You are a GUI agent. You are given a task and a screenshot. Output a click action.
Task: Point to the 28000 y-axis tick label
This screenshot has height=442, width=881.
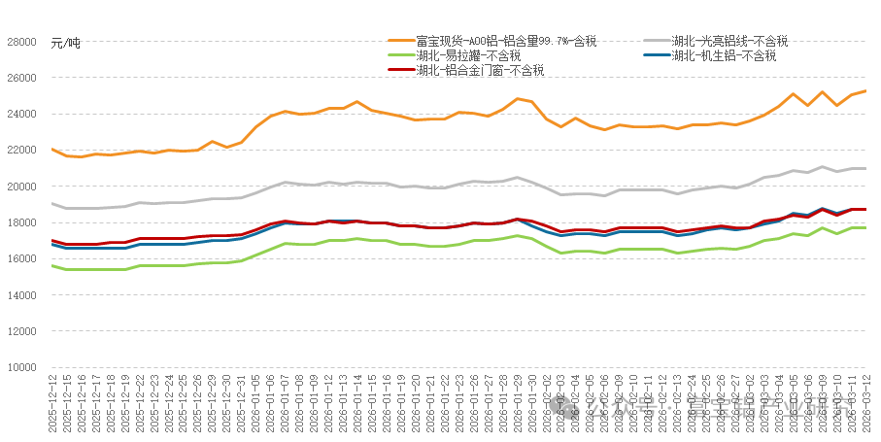21,42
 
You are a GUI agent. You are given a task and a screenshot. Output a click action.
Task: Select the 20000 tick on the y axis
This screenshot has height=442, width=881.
21,187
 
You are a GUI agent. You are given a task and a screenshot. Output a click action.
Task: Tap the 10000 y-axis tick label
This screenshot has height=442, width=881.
21,367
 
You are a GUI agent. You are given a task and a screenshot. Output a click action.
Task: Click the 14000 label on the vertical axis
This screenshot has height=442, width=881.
21,295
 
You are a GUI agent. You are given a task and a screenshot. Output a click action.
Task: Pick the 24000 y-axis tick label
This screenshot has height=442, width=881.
21,115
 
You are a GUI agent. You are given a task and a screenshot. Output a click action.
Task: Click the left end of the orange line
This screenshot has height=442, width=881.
51,150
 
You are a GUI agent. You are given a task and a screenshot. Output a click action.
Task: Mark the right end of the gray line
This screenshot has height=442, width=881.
865,169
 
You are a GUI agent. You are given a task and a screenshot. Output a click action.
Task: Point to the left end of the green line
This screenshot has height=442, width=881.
51,266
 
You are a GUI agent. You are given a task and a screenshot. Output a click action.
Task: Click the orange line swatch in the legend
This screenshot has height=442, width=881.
400,41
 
